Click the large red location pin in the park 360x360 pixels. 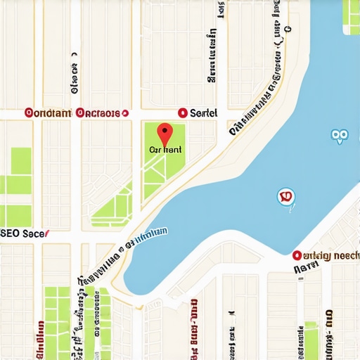point(164,133)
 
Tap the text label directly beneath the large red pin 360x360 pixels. point(166,150)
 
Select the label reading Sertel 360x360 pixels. point(204,112)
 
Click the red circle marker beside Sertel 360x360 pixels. point(183,112)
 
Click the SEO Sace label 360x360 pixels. point(22,233)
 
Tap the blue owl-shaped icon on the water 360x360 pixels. point(339,136)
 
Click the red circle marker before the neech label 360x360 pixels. point(297,255)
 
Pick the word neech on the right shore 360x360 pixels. point(345,255)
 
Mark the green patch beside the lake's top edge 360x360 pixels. point(350,15)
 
